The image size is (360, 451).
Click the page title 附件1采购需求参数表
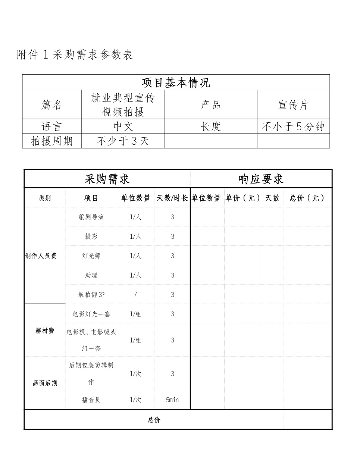[x=75, y=55]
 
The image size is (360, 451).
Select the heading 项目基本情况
[x=176, y=82]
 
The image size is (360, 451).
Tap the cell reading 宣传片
[x=293, y=105]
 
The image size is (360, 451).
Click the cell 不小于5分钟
[x=293, y=127]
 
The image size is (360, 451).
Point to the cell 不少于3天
[x=123, y=141]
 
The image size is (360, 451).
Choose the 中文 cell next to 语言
[x=123, y=127]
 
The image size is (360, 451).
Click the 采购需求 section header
[x=107, y=179]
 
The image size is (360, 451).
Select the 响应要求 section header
[x=261, y=179]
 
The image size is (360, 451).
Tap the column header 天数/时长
[x=172, y=198]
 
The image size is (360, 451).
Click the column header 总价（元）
[x=307, y=198]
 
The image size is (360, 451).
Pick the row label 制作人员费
[x=41, y=256]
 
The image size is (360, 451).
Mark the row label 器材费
[x=45, y=331]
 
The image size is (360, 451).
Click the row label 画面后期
[x=45, y=383]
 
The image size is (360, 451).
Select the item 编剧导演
[x=91, y=217]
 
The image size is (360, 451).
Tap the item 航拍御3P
[x=91, y=295]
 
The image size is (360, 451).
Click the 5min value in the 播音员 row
[x=172, y=400]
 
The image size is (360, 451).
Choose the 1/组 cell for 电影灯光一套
[x=135, y=314]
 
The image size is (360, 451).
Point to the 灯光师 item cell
[x=91, y=256]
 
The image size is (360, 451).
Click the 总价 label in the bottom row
[x=154, y=420]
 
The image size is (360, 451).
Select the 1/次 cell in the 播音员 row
[x=135, y=400]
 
